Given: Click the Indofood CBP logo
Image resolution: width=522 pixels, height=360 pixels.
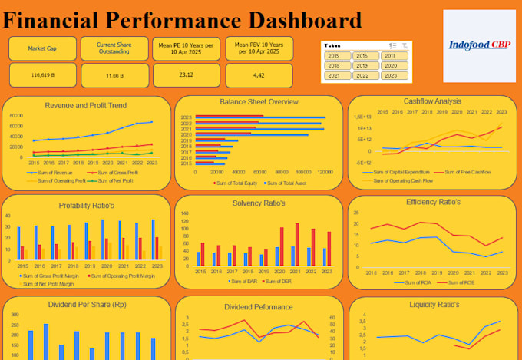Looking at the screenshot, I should point(480,45).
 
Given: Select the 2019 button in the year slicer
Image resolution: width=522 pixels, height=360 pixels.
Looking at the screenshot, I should point(362,66).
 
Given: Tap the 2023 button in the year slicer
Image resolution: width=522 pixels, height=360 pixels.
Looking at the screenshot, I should point(390,75).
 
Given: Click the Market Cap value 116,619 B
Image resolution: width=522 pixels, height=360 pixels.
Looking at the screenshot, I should point(42,75).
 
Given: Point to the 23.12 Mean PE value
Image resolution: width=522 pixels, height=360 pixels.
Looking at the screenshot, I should point(186,74).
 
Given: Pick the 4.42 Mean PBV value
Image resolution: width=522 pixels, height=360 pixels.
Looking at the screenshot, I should point(259,74).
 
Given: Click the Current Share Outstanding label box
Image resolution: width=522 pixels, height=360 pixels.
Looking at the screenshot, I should point(114,48).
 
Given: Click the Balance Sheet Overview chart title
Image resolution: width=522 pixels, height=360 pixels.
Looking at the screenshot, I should point(259,101).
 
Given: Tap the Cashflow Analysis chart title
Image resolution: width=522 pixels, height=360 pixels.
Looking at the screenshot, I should point(432,101).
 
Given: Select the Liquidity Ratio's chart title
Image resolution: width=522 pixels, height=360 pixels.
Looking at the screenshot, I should point(432,305).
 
